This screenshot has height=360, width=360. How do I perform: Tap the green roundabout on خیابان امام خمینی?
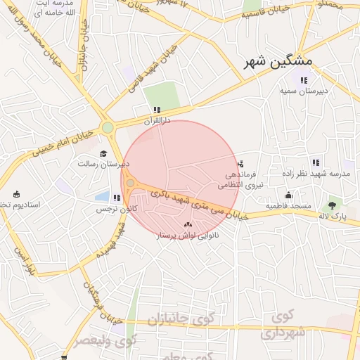coord(107,127)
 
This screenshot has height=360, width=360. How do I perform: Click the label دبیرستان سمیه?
coord(304,91)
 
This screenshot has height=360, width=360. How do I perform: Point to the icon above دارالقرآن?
coord(156,110)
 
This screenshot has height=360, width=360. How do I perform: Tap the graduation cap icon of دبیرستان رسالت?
coord(103,153)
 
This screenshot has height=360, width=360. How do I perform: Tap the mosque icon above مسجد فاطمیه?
coord(288,195)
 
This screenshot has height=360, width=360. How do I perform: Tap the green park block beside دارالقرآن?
coord(162,95)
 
